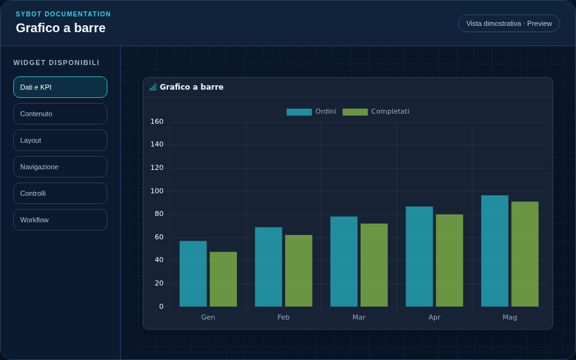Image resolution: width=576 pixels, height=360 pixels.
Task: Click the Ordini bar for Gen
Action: [x=193, y=273]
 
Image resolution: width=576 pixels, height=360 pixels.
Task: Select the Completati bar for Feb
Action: [x=299, y=271]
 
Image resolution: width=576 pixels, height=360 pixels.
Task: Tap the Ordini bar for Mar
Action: [x=344, y=261]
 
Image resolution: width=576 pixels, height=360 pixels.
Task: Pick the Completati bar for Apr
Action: [x=449, y=260]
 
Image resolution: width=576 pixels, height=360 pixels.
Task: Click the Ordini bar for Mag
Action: [x=495, y=251]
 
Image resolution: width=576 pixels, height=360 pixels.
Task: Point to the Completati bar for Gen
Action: [x=224, y=279]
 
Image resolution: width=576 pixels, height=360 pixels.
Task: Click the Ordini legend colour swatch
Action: [x=299, y=112]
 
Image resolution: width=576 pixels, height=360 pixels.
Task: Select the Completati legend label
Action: [x=390, y=111]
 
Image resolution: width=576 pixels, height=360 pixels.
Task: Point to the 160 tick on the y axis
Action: [x=157, y=122]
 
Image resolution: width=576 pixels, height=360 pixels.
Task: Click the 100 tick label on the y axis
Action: [x=157, y=191]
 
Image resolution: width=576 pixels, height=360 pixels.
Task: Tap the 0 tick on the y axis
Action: [x=161, y=306]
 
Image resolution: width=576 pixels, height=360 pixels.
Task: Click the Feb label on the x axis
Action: [x=284, y=317]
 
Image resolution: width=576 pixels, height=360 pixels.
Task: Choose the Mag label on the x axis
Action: [x=510, y=317]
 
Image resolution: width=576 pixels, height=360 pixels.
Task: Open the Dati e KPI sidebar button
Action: [x=60, y=87]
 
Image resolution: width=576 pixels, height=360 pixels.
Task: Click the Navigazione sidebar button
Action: [x=60, y=167]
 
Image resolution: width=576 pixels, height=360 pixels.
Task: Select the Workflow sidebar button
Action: [x=60, y=220]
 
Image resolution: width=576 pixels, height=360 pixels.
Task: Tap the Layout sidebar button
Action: [x=60, y=140]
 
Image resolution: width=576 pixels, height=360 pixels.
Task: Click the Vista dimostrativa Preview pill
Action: [x=509, y=23]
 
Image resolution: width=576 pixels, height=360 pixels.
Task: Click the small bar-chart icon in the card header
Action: [x=153, y=87]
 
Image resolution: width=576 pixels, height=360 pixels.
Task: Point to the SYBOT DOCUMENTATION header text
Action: [x=63, y=14]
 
